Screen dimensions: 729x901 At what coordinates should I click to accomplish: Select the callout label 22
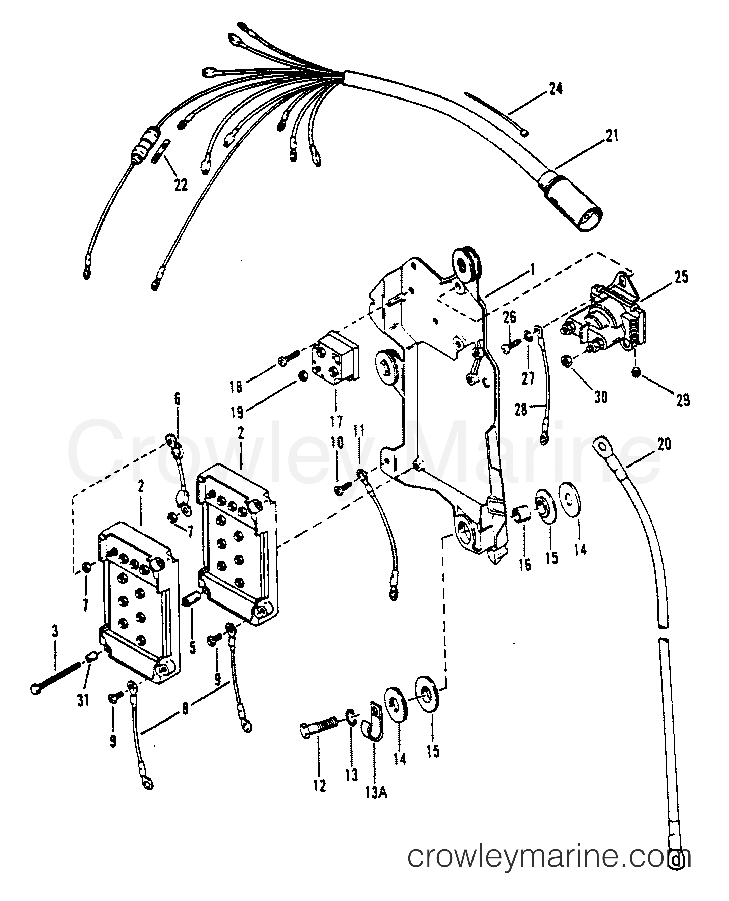coord(181,185)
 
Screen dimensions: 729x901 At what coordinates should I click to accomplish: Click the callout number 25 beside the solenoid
coord(681,277)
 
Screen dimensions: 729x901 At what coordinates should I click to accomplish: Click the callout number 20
coord(664,444)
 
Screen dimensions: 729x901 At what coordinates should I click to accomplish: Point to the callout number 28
coord(521,410)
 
